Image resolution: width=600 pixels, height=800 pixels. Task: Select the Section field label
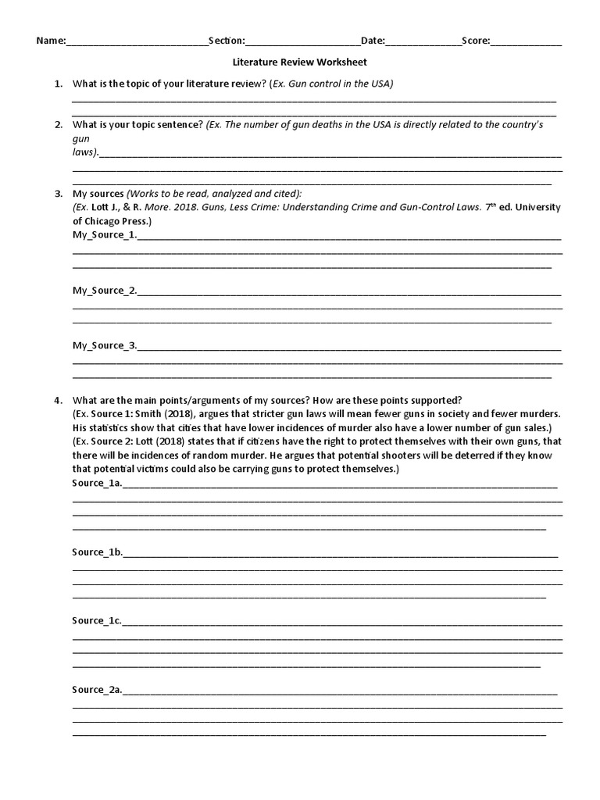(x=227, y=40)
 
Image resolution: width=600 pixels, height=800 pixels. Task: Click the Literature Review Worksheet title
(x=300, y=62)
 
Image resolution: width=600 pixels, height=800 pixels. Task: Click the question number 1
(x=58, y=83)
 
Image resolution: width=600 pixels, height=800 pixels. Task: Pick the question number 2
(x=58, y=124)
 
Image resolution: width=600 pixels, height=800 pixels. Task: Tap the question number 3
(x=58, y=193)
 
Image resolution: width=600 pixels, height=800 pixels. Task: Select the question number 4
(x=58, y=400)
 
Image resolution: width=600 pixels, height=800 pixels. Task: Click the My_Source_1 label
(x=104, y=234)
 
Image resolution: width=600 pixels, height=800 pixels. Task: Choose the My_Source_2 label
(x=104, y=291)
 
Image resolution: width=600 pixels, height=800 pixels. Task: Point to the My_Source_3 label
(x=104, y=345)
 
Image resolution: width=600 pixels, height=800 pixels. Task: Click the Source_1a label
(x=97, y=484)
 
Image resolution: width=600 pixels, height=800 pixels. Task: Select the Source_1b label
(x=97, y=552)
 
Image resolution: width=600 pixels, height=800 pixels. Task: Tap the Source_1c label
(x=97, y=621)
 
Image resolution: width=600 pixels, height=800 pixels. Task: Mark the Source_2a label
(x=97, y=690)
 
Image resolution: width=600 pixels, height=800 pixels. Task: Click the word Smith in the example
(x=155, y=414)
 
